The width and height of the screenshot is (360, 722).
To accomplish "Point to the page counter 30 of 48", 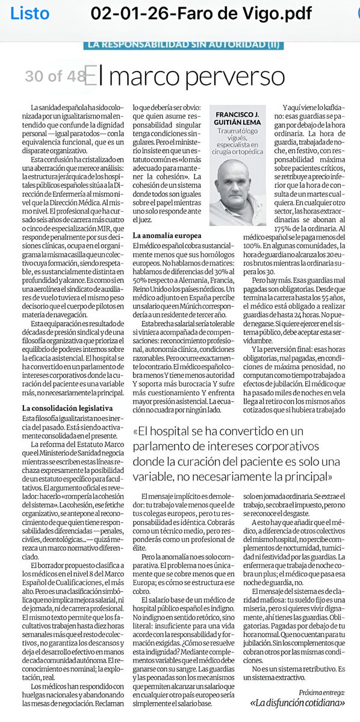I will [54, 76].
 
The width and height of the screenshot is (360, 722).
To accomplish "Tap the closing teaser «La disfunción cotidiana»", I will [297, 702].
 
